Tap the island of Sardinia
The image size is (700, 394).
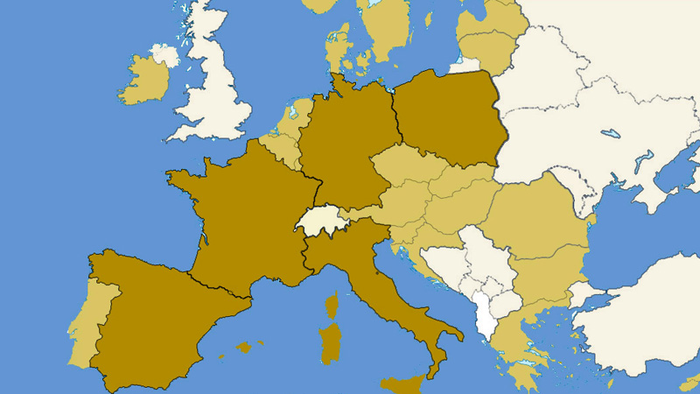[x=331, y=343]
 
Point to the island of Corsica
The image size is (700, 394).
[x=332, y=306]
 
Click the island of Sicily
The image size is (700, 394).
[x=402, y=384]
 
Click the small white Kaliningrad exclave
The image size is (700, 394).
[x=465, y=65]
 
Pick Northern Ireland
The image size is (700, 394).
[x=164, y=56]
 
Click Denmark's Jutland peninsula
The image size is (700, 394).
[x=337, y=48]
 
